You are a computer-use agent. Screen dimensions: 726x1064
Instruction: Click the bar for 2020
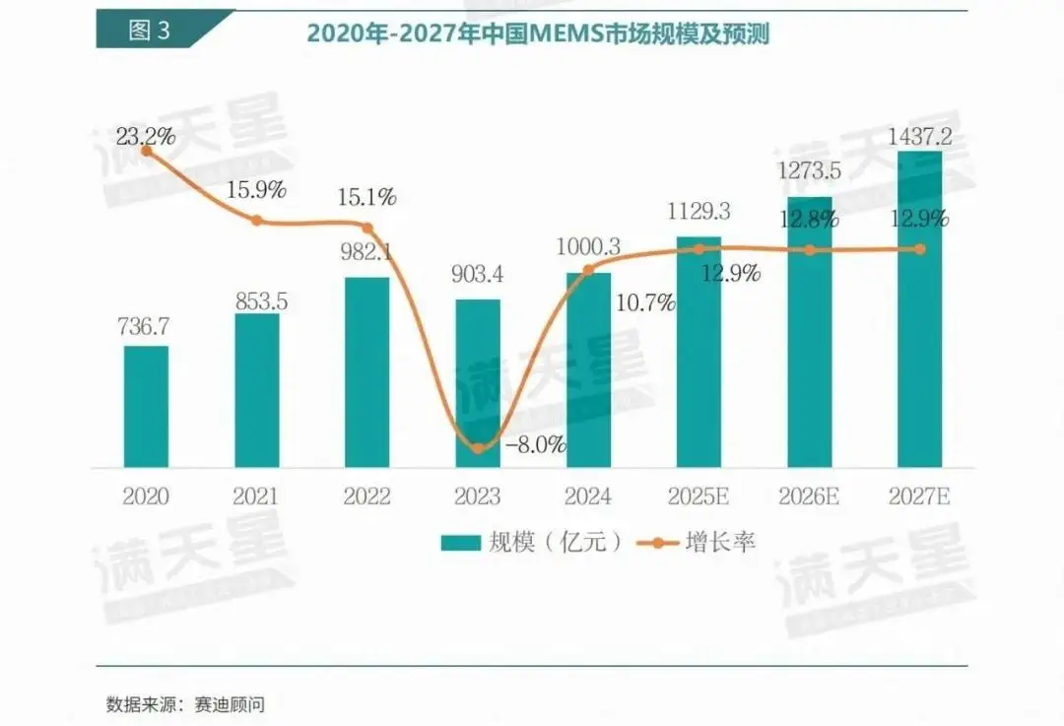pos(146,406)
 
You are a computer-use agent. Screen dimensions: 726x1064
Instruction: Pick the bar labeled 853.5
pos(256,390)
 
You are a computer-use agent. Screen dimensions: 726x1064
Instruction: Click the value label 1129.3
pos(698,212)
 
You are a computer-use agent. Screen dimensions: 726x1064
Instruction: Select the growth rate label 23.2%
pos(146,136)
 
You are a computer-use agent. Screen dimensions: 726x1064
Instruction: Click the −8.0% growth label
pos(536,444)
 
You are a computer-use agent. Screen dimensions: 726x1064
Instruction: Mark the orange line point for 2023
pos(478,447)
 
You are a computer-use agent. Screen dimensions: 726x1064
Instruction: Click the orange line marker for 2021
pos(256,221)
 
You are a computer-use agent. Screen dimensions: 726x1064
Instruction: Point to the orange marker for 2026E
pos(809,250)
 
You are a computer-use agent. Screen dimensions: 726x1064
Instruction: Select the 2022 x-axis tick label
pos(367,496)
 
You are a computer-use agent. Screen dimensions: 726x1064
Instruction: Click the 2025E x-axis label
pos(698,496)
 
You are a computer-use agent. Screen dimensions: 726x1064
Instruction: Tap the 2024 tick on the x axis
pos(588,496)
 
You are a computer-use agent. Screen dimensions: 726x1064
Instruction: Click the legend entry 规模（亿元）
pos(532,542)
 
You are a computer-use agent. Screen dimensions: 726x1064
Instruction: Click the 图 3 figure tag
pos(150,30)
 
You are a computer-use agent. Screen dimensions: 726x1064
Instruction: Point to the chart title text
pos(537,33)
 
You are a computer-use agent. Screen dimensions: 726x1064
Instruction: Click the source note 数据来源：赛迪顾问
pos(186,704)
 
